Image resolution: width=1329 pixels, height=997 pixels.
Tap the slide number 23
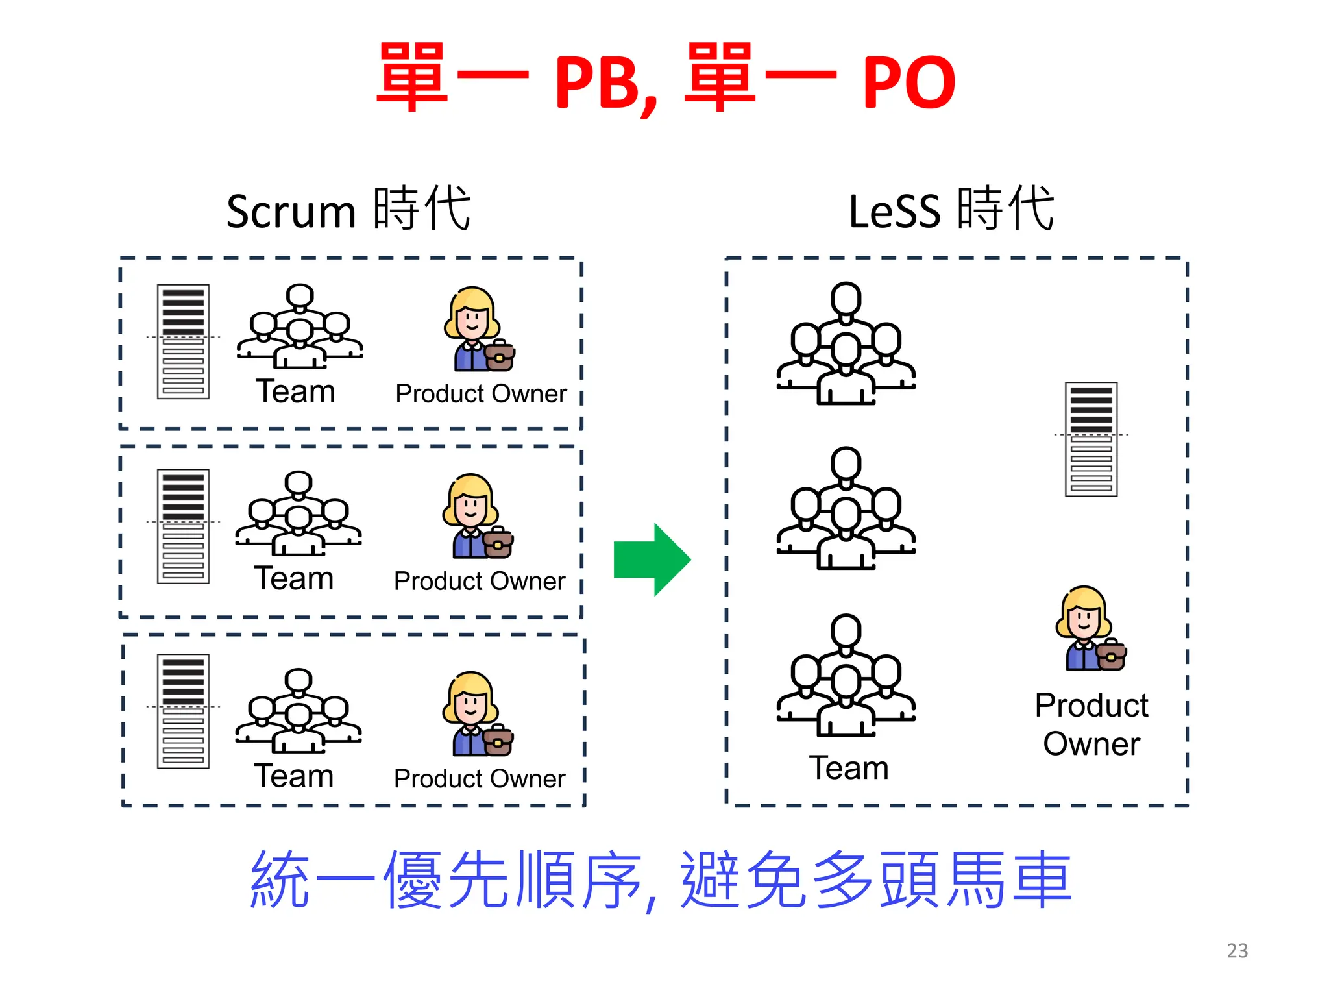coord(1237,951)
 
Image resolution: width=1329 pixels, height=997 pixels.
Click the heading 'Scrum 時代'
coord(348,210)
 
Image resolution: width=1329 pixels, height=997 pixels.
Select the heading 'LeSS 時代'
coord(951,210)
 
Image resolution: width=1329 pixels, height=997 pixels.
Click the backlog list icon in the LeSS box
coord(1091,439)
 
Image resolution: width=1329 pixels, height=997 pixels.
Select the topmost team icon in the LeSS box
coord(846,344)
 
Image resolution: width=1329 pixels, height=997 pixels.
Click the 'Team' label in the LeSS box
coord(848,768)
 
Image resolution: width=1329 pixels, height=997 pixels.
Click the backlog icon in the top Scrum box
coord(183,341)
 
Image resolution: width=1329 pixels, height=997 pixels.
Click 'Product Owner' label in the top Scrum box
coord(481,394)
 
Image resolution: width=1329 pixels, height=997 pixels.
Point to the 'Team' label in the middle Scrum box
coord(294,578)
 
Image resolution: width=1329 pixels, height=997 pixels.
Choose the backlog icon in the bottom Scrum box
coord(183,711)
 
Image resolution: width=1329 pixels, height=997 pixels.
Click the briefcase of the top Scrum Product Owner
coord(500,356)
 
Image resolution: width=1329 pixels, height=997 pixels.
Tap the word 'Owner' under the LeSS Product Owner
coord(1091,744)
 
